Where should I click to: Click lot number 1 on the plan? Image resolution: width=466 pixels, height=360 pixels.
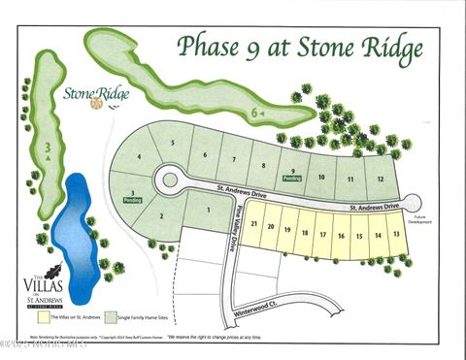click(209, 207)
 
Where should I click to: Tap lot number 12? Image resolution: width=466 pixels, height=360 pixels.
click(382, 180)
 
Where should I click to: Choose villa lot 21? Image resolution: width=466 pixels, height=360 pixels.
click(254, 224)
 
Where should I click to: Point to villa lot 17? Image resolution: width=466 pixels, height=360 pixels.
click(323, 234)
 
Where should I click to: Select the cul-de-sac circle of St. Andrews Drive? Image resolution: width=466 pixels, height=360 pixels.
click(171, 179)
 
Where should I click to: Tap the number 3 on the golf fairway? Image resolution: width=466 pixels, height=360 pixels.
click(47, 147)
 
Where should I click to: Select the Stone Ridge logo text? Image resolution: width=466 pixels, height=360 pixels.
click(95, 94)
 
